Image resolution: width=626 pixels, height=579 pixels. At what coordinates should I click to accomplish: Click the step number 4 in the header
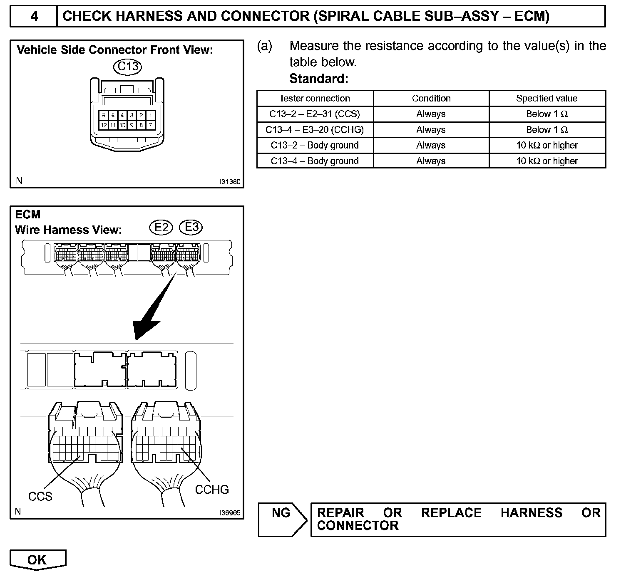[34, 16]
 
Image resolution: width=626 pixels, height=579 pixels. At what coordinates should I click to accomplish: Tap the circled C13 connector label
[127, 67]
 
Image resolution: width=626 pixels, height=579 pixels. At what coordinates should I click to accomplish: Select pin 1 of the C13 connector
[151, 115]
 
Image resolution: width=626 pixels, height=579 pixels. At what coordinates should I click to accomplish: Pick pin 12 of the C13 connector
[104, 125]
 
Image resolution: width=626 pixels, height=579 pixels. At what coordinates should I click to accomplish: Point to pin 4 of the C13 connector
[122, 115]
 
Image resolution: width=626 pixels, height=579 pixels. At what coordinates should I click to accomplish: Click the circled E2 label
[161, 227]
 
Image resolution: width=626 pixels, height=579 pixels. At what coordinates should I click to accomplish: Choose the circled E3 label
[191, 227]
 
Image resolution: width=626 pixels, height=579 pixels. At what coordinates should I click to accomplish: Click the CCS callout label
[40, 496]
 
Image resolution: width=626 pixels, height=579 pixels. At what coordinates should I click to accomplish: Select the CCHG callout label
[212, 490]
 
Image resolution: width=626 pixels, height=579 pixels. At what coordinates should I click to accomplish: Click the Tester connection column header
[315, 99]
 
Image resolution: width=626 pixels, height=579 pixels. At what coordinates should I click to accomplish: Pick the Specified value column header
[547, 99]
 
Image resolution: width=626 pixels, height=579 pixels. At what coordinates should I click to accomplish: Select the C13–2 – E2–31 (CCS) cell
[315, 114]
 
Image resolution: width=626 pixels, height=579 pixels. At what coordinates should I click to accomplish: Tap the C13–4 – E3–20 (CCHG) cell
[315, 130]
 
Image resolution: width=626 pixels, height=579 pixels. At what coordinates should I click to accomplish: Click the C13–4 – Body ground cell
[315, 161]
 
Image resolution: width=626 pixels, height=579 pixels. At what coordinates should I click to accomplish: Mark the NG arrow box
[282, 519]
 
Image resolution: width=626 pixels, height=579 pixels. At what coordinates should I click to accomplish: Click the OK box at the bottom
[37, 560]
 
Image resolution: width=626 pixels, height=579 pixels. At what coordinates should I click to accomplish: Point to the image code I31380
[230, 182]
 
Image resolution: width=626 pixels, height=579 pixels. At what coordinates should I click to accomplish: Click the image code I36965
[230, 513]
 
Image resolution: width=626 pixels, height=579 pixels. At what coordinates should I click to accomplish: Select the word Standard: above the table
[318, 79]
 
